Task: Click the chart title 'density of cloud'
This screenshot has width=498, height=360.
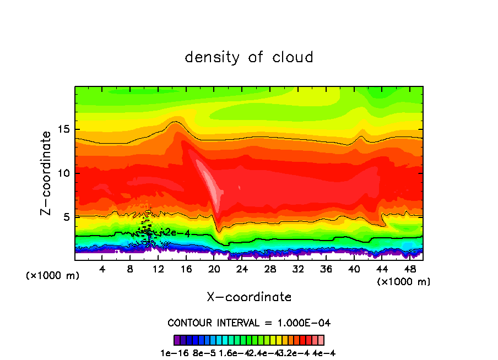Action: pyautogui.click(x=249, y=57)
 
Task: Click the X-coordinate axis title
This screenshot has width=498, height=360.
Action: pyautogui.click(x=249, y=297)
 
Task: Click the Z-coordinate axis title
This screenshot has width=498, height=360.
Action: pyautogui.click(x=46, y=173)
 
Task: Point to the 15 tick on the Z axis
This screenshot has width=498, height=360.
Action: pyautogui.click(x=64, y=129)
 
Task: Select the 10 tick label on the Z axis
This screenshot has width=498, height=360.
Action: pyautogui.click(x=64, y=173)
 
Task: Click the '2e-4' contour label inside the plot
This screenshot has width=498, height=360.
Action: pyautogui.click(x=178, y=233)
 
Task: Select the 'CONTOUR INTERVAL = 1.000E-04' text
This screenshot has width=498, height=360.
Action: pyautogui.click(x=249, y=323)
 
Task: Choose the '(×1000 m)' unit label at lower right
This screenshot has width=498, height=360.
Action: pyautogui.click(x=404, y=282)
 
